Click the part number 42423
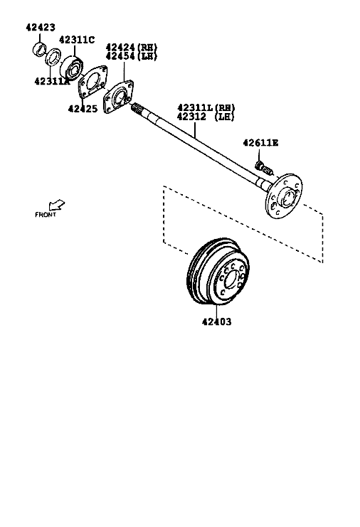tap(41, 27)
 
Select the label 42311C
tap(77, 40)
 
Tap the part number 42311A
tap(52, 81)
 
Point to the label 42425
tap(83, 109)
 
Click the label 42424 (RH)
tap(132, 47)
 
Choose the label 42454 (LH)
tap(132, 55)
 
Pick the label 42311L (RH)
tap(206, 107)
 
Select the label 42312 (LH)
tap(206, 117)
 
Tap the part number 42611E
tap(260, 143)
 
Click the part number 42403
tap(216, 321)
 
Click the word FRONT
tap(46, 215)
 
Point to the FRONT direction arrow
tap(56, 205)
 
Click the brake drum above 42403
tap(218, 272)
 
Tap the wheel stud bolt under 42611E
tap(264, 168)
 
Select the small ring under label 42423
tap(39, 49)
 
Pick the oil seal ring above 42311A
tap(53, 57)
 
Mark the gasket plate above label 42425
tap(92, 81)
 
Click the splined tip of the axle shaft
tap(138, 108)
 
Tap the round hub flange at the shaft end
tap(284, 196)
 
